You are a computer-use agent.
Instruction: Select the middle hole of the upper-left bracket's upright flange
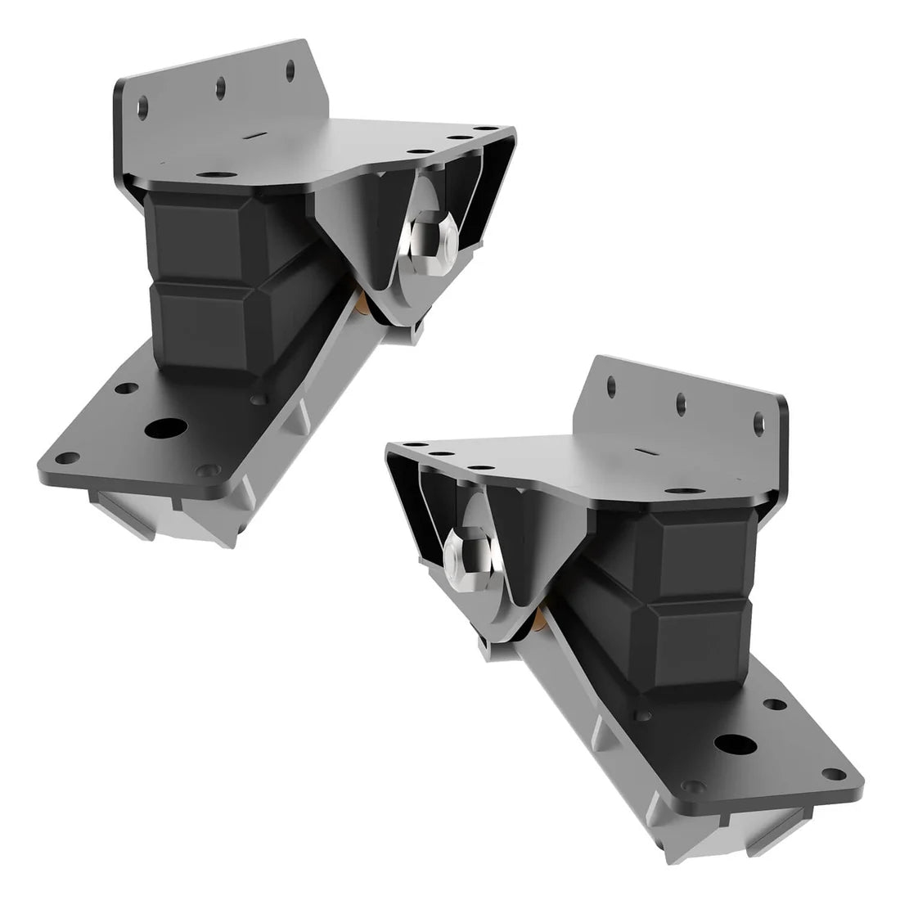tap(220, 88)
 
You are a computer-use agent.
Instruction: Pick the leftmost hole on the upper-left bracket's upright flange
tap(144, 106)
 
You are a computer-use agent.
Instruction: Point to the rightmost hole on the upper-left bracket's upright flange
tap(290, 70)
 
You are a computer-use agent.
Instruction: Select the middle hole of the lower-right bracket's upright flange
tap(680, 403)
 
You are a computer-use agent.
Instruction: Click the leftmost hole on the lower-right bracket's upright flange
tap(610, 385)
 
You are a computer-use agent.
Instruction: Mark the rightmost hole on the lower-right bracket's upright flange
tap(758, 423)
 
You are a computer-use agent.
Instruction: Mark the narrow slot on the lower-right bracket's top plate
tap(646, 451)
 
